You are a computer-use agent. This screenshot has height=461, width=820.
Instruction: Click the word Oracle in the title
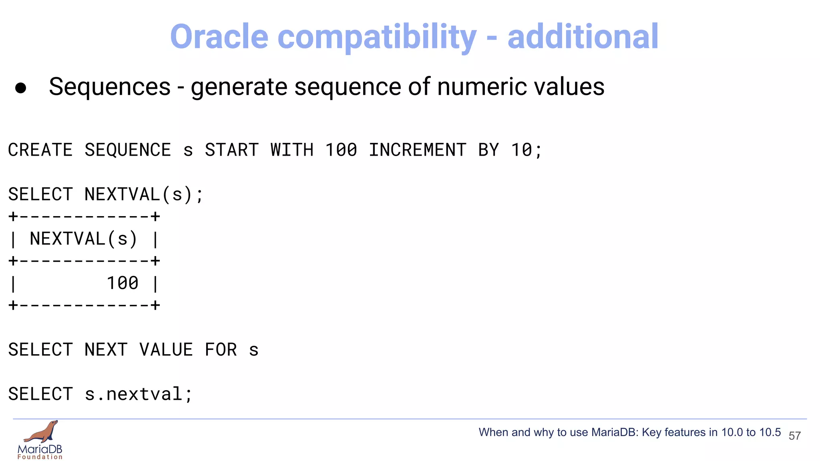coord(219,37)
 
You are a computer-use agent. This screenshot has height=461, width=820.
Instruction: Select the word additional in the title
coord(583,37)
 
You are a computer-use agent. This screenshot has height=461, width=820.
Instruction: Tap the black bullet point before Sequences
coord(20,88)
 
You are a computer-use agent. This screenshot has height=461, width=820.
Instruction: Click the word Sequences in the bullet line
coord(110,87)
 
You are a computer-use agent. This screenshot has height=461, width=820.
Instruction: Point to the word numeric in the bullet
coord(480,87)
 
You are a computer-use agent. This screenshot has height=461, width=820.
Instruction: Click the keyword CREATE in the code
coord(40,150)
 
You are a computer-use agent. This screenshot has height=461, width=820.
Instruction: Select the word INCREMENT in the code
coord(418,150)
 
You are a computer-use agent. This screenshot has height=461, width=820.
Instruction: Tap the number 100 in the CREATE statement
coord(341,150)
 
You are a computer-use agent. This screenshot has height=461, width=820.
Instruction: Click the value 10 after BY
coord(521,150)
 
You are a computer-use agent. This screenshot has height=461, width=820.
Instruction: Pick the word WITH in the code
coord(292,150)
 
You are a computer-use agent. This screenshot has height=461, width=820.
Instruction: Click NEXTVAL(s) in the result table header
coord(84,239)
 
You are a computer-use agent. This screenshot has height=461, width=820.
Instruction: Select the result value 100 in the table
coord(123,283)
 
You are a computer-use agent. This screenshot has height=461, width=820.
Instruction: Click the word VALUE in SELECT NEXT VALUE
coord(166,350)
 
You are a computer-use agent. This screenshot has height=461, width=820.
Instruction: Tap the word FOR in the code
coord(221,350)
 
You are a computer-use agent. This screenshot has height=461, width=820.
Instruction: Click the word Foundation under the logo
coord(40,457)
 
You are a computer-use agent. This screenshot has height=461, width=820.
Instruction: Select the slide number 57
coord(795,436)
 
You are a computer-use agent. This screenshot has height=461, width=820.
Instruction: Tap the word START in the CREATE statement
coord(232,150)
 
